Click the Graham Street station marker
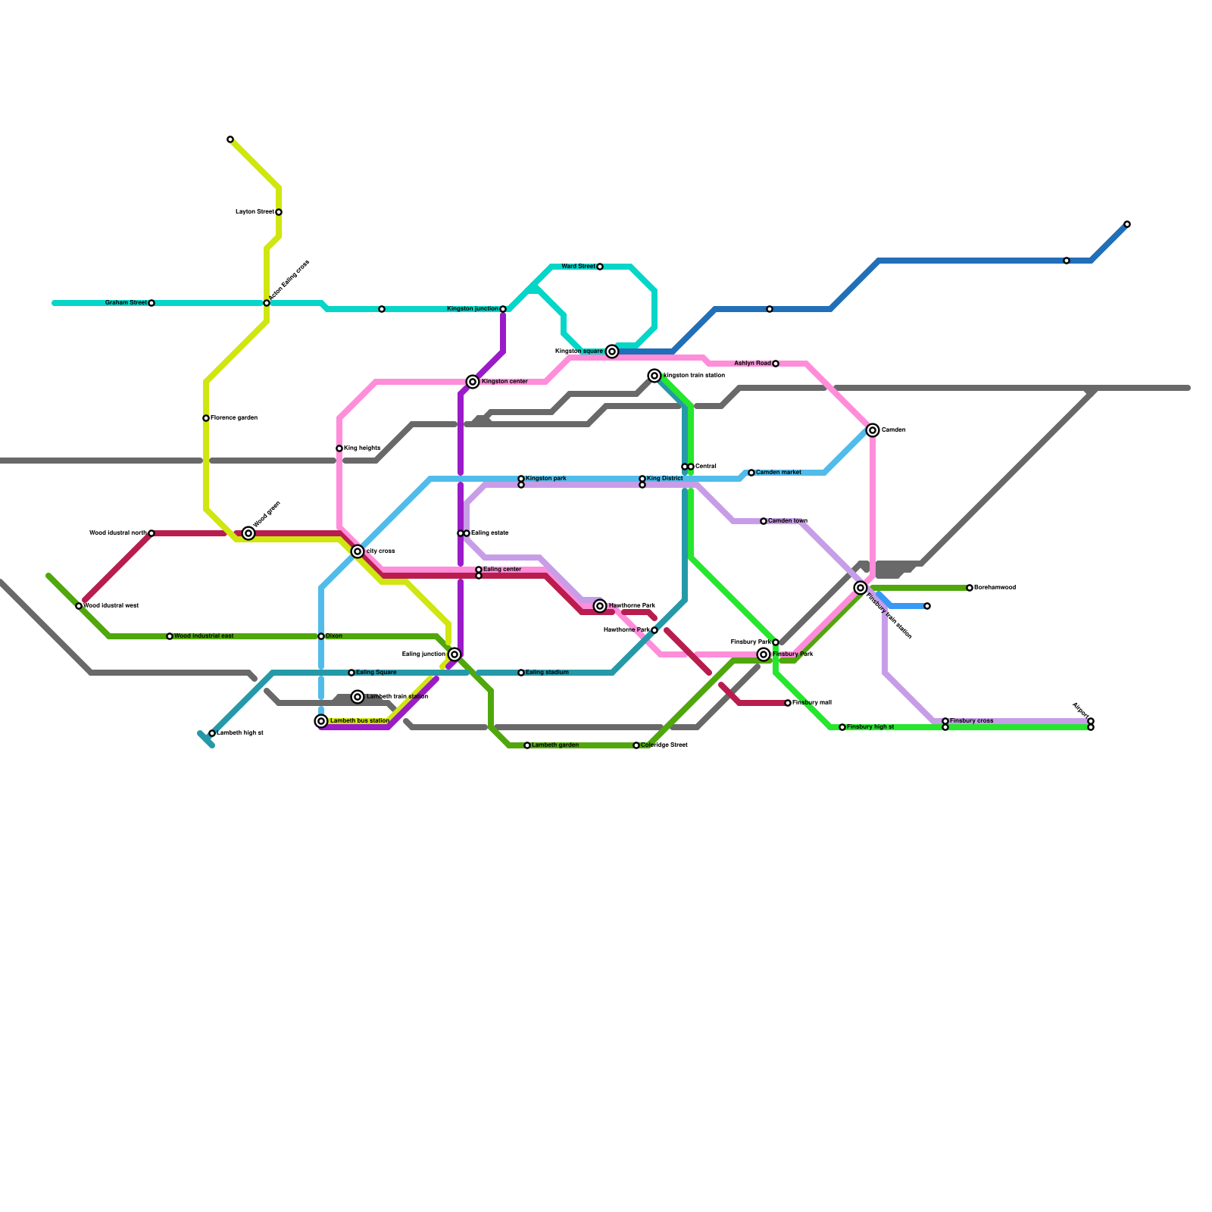pyautogui.click(x=151, y=303)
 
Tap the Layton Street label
pyautogui.click(x=255, y=212)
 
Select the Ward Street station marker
pyautogui.click(x=600, y=267)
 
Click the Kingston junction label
pyautogui.click(x=473, y=309)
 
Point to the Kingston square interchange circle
pyautogui.click(x=612, y=351)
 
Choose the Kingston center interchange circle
pyautogui.click(x=473, y=382)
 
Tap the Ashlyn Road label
pyautogui.click(x=752, y=364)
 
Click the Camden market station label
pyautogui.click(x=779, y=473)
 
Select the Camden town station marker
pyautogui.click(x=764, y=521)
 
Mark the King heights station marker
pyautogui.click(x=339, y=448)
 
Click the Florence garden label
pyautogui.click(x=234, y=418)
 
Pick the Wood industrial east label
pyautogui.click(x=204, y=636)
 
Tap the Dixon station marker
pyautogui.click(x=321, y=636)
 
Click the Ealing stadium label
pyautogui.click(x=547, y=673)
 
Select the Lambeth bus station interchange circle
pyautogui.click(x=321, y=721)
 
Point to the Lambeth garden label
pyautogui.click(x=555, y=745)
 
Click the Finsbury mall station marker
pyautogui.click(x=788, y=703)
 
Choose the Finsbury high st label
pyautogui.click(x=870, y=727)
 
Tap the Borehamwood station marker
pyautogui.click(x=970, y=588)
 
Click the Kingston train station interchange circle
pyautogui.click(x=654, y=376)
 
